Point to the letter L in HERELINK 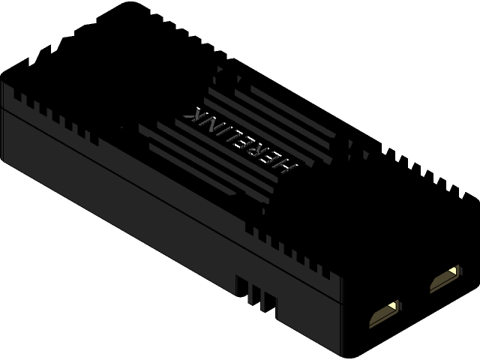241,136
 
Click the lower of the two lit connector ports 384,313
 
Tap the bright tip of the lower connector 393,305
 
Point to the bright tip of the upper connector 452,270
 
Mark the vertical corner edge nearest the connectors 342,315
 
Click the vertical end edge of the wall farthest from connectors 2,120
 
